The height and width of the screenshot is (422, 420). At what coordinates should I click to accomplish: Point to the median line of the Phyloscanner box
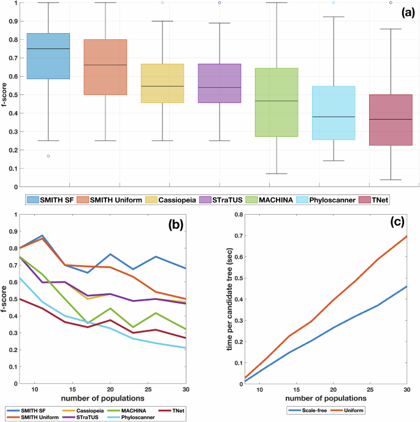point(334,117)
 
